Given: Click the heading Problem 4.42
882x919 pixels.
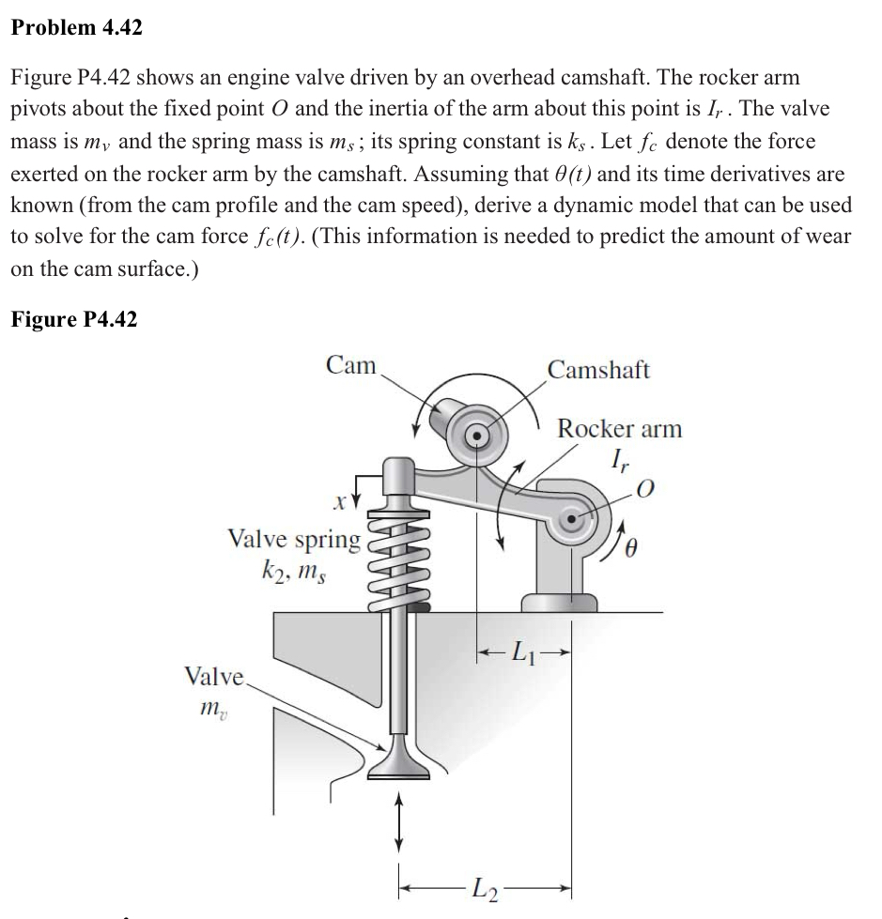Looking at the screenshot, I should [x=77, y=27].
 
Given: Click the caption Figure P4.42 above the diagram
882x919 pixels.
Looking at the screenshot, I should [x=73, y=319].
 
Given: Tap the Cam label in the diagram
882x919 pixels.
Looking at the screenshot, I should [x=351, y=366].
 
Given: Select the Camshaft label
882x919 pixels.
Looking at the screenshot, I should [x=598, y=370].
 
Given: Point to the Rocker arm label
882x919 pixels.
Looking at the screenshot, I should [x=619, y=429].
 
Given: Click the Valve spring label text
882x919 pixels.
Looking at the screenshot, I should [x=295, y=540].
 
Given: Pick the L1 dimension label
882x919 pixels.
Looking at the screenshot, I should [x=522, y=651].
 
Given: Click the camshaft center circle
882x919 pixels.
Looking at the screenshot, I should [x=477, y=436].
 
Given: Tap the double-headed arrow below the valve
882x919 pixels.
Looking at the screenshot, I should [x=398, y=820].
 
